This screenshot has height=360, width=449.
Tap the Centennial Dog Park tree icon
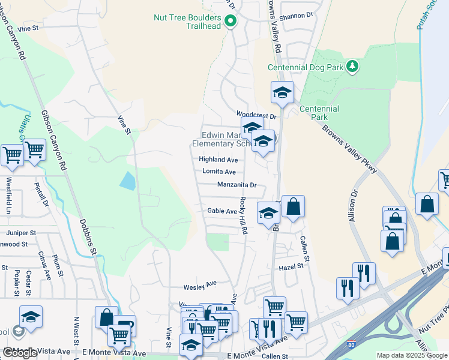point(354,67)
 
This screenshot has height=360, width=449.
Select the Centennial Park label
point(319,113)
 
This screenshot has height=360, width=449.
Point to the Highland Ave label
point(218,160)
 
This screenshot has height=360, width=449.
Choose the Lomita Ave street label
point(218,172)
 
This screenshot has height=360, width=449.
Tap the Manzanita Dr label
point(237,185)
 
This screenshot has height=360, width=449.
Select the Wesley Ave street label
point(202,284)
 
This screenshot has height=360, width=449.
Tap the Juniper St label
point(22,232)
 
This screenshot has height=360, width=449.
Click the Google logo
point(20,353)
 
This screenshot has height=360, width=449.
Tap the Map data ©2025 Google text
point(411,355)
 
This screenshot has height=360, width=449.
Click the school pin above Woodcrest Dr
point(282,92)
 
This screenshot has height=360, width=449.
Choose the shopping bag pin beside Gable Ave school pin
point(293,207)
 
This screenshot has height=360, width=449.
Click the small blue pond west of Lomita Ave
point(127,181)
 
